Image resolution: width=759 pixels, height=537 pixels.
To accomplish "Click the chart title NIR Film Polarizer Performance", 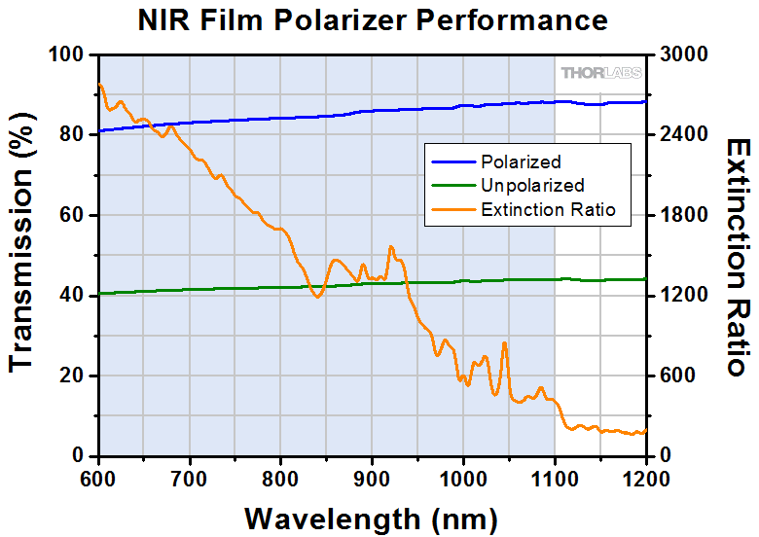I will (x=379, y=19).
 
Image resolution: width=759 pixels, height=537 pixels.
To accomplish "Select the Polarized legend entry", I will (x=521, y=161).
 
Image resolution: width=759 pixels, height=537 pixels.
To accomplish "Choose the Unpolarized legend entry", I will (x=532, y=185).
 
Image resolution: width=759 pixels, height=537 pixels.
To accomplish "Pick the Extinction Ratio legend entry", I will (x=548, y=208).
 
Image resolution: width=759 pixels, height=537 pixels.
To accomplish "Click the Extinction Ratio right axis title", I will (x=736, y=255).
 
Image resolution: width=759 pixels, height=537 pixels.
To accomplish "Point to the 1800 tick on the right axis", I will (x=682, y=215).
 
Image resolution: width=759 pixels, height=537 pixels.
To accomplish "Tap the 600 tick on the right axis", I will (x=677, y=376).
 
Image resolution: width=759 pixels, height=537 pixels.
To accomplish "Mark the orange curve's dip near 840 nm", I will (x=317, y=296).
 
